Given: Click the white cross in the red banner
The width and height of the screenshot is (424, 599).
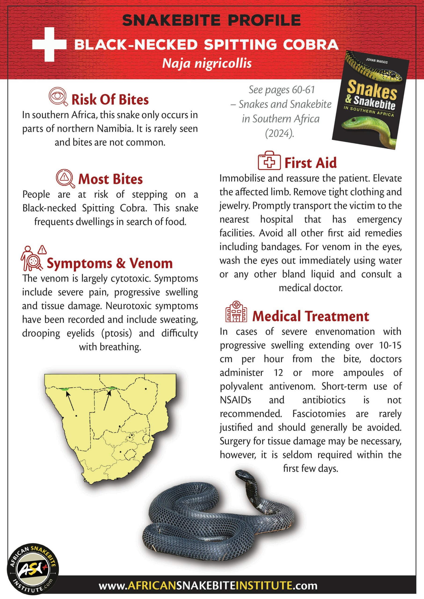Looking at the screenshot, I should click(49, 44).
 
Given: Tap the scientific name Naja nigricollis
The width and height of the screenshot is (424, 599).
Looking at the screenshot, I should click(207, 63).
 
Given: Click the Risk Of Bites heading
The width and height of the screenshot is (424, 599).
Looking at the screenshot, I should click(110, 99).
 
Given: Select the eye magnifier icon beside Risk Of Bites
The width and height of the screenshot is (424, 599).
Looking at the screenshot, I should click(58, 96).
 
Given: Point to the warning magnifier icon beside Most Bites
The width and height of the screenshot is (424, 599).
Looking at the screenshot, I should click(65, 178).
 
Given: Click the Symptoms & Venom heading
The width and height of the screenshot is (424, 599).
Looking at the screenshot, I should click(110, 263).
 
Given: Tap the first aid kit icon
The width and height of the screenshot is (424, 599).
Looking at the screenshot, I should click(269, 161).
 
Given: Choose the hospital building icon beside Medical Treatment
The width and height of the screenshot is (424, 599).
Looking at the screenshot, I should click(236, 312).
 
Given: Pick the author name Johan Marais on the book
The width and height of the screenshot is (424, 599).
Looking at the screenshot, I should click(377, 61).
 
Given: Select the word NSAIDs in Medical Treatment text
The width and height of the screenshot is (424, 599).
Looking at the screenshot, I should click(236, 400).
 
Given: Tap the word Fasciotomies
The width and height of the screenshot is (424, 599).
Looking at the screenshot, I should click(319, 414).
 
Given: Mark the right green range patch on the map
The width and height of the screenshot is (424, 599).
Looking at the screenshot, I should click(112, 388).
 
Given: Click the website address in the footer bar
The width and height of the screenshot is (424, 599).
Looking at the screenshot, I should click(208, 585).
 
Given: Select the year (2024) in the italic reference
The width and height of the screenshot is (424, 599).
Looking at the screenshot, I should click(279, 134).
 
